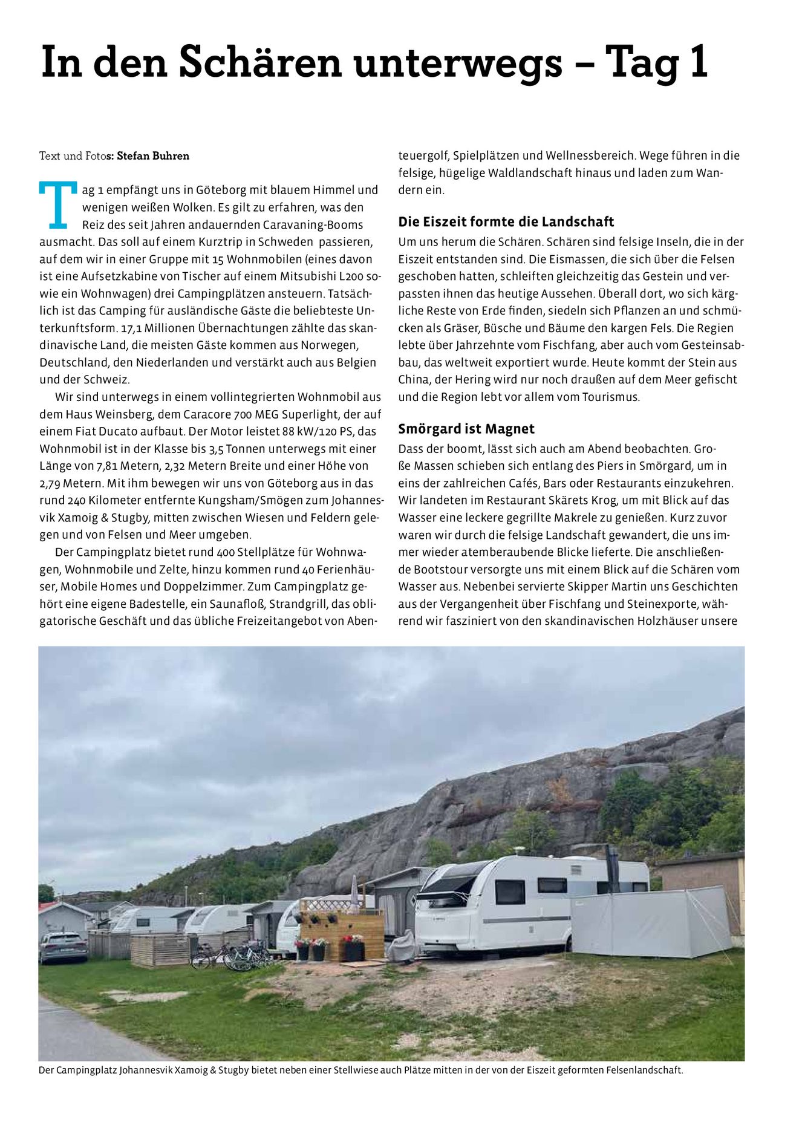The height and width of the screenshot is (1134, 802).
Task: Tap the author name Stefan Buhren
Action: [x=152, y=156]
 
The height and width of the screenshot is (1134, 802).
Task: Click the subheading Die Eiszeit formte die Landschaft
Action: [x=506, y=221]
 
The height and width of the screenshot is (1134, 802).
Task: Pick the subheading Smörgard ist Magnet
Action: [x=466, y=429]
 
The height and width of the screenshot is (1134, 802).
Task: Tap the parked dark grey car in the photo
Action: [x=63, y=947]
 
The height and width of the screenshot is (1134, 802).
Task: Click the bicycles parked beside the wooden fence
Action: [x=232, y=954]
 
